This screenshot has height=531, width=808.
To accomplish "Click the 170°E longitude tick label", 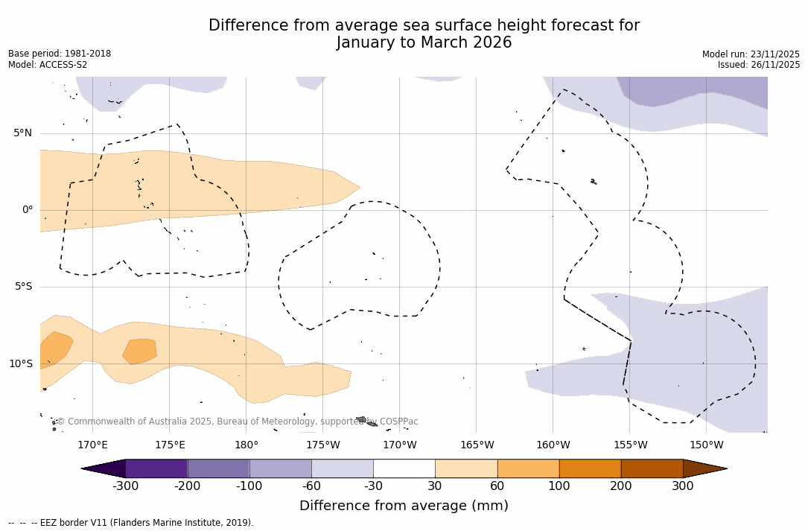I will tap(92, 445).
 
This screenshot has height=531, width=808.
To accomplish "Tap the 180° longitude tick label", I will tap(246, 445).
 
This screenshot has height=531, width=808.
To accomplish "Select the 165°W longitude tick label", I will tap(477, 445).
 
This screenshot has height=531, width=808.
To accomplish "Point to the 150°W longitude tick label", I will tap(706, 445).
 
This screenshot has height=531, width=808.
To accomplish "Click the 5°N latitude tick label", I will tap(22, 133).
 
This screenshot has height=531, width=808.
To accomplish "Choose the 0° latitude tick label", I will tap(28, 210).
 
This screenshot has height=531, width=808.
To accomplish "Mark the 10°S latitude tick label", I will tap(20, 364).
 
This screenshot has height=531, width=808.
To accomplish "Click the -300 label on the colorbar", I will tap(126, 486).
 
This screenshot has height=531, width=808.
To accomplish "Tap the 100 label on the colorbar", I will tap(559, 486).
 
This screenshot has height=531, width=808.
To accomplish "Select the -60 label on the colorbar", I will tap(311, 486).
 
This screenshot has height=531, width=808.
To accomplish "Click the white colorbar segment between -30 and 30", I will tap(404, 468).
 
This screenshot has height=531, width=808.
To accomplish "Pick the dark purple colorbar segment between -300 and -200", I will tap(156, 468).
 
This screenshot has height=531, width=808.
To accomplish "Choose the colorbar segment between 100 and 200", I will tap(590, 468).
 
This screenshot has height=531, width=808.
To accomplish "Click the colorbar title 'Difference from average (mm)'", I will tap(404, 506).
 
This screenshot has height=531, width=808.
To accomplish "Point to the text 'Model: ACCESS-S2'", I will tap(48, 65).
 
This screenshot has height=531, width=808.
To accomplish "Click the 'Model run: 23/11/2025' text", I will tap(751, 54).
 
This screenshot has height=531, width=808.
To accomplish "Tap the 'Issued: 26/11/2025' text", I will tap(759, 65).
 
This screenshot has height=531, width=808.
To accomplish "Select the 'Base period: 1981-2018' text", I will tap(60, 54).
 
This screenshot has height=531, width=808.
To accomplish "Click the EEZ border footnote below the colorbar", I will tap(131, 523).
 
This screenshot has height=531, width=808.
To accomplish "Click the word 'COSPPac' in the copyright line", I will tap(399, 422).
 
